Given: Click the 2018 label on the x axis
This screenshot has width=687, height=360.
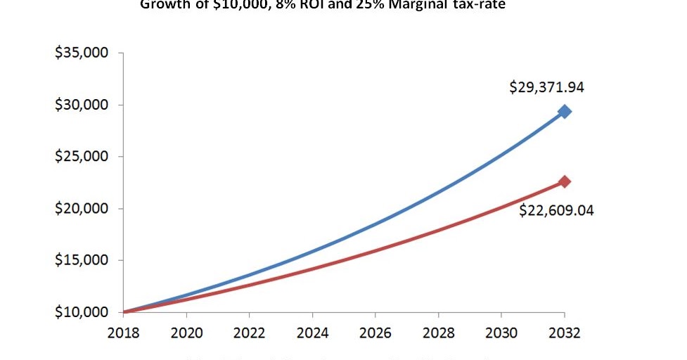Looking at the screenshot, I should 124,332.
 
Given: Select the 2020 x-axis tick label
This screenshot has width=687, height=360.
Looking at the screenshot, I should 186,332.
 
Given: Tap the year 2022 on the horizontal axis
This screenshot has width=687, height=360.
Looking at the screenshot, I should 250,332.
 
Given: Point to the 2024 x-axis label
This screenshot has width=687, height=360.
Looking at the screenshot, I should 312,332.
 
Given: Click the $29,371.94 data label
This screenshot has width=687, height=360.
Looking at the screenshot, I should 547,88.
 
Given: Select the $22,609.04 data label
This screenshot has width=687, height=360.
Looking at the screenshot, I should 556,210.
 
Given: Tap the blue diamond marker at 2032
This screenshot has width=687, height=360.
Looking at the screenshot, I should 564,111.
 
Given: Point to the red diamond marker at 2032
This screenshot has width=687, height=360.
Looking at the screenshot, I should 564,181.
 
